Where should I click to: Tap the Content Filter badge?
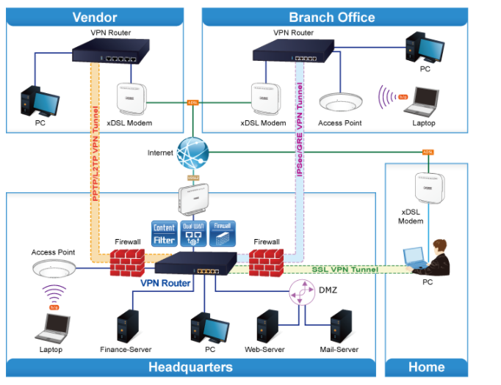pos(164,234)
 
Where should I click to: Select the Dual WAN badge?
pos(193,234)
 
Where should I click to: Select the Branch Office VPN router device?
pos(290,51)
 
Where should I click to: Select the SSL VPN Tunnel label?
pos(345,270)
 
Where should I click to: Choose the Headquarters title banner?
pos(190,367)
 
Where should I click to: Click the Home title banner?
pos(426,367)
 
